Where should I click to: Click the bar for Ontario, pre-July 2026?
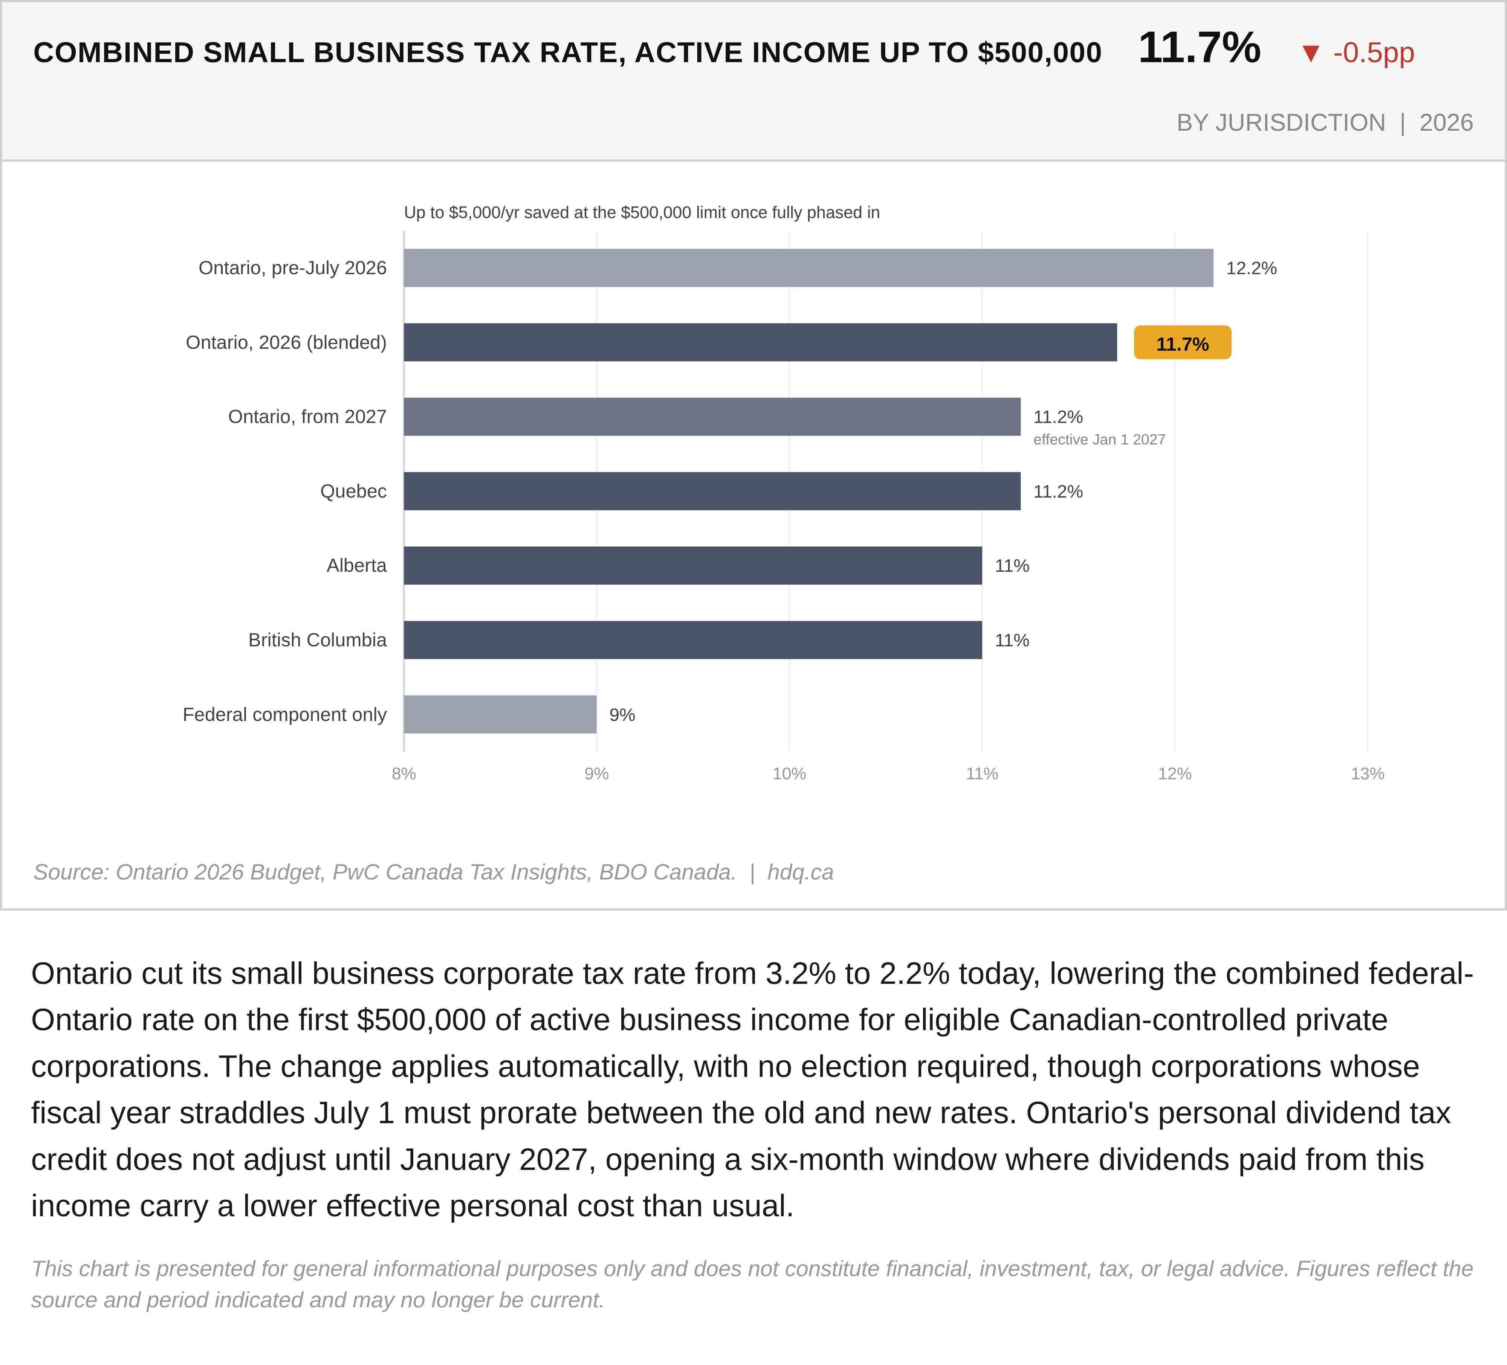(808, 268)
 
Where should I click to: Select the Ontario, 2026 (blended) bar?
(760, 342)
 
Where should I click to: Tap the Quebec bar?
(712, 491)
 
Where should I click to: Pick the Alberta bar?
(693, 565)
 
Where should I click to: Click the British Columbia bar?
(693, 640)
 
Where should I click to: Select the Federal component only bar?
(500, 714)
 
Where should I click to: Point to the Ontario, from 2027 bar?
(712, 416)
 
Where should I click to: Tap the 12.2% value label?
(1251, 268)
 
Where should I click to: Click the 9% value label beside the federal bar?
(622, 715)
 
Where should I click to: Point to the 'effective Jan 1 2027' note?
(1099, 440)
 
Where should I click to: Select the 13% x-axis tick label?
(1367, 774)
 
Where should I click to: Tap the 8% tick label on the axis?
(403, 774)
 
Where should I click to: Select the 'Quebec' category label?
(353, 491)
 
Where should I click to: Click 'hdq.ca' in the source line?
(800, 872)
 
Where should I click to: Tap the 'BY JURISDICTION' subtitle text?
(1281, 122)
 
